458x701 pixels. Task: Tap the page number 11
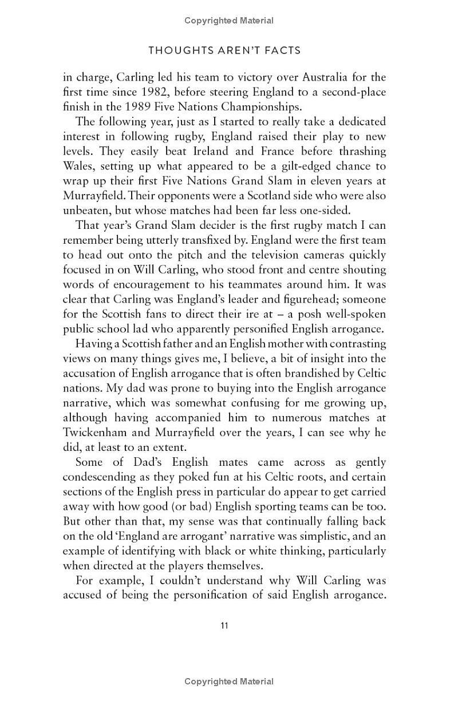pyautogui.click(x=224, y=625)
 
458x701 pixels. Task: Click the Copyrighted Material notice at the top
pyautogui.click(x=229, y=21)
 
